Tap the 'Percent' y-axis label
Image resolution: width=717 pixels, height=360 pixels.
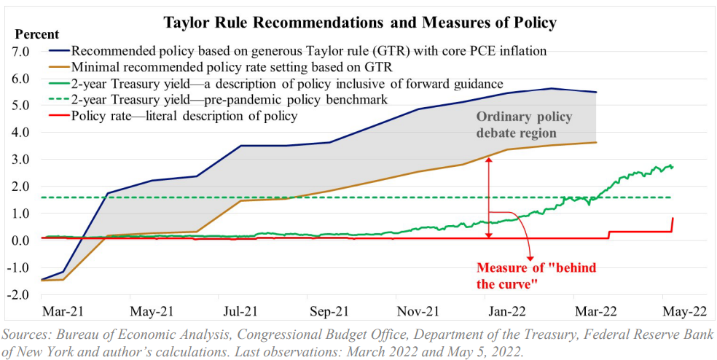[36, 34]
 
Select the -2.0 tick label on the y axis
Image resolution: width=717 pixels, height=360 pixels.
[16, 294]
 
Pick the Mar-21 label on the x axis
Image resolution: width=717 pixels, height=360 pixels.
[64, 311]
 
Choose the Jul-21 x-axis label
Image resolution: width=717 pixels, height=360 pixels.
[240, 311]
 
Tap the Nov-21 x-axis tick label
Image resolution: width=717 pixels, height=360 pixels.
[418, 311]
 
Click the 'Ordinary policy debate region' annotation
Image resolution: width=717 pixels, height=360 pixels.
[523, 125]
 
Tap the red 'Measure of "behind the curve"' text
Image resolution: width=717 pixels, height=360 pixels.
[536, 275]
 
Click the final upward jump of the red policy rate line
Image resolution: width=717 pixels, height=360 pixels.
[671, 225]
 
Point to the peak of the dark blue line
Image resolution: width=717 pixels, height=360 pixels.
[552, 88]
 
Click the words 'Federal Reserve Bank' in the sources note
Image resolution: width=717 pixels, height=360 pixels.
[640, 336]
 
